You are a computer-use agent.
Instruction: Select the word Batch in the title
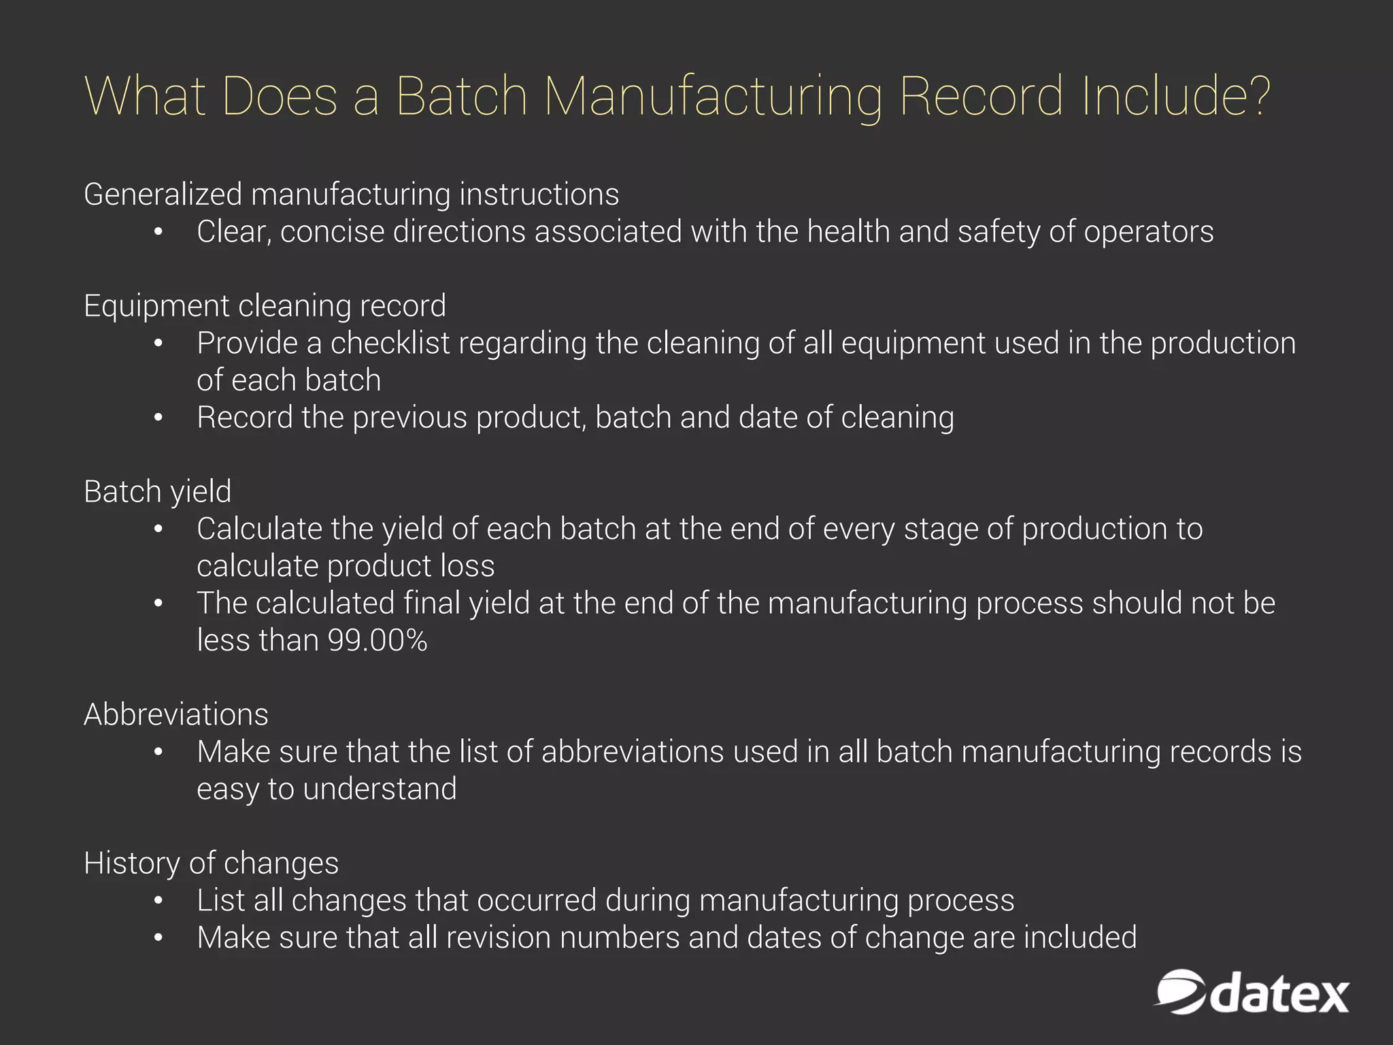[462, 96]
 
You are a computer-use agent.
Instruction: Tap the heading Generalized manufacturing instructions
[351, 195]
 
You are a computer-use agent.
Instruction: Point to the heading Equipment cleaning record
[265, 306]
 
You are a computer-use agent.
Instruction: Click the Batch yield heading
[157, 492]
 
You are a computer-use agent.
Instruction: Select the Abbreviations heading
[175, 715]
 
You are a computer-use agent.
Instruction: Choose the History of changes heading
[211, 863]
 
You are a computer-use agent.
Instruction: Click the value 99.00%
[377, 641]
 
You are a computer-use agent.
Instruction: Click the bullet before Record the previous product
[158, 418]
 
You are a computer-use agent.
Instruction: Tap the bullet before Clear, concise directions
[158, 232]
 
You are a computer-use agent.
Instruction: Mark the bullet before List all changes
[158, 901]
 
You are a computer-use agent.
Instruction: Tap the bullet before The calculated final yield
[158, 603]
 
